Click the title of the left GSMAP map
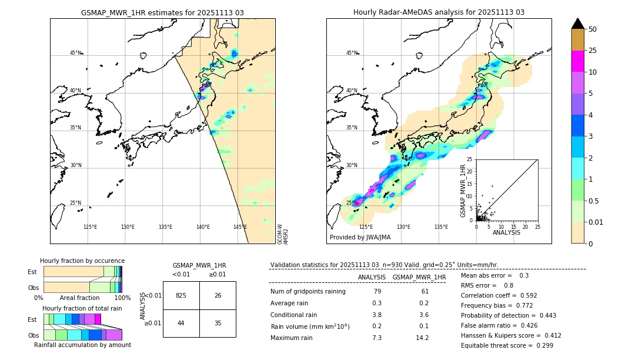162,12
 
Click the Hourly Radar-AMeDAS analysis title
439,12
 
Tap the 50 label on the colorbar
593,29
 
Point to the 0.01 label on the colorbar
596,222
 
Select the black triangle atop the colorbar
578,24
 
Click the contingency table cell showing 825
181,295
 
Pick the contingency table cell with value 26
218,295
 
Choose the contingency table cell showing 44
181,324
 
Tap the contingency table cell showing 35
218,324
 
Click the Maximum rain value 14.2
423,338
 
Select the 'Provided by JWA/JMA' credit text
360,237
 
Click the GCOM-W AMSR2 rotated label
283,233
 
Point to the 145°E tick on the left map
240,227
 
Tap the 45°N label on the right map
352,53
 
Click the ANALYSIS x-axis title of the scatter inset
506,232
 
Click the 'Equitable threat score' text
507,345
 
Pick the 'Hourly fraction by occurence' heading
82,261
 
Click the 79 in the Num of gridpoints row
377,292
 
